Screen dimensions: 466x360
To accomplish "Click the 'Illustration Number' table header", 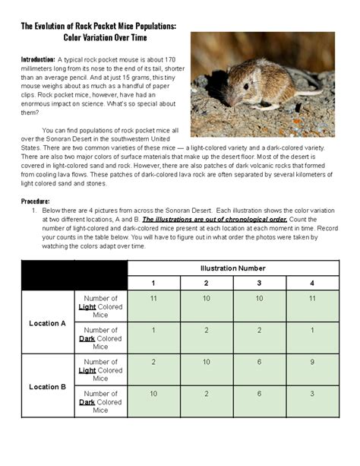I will pyautogui.click(x=233, y=268).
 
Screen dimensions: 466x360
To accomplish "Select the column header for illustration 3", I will pyautogui.click(x=259, y=283).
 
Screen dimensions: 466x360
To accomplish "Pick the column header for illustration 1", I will pyautogui.click(x=153, y=283).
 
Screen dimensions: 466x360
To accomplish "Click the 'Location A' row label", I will pyautogui.click(x=48, y=323).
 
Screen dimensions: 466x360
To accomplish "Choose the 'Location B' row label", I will pyautogui.click(x=48, y=387).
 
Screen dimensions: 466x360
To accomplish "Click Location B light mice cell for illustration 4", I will pyautogui.click(x=312, y=362).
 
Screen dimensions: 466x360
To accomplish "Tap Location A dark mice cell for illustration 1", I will pyautogui.click(x=153, y=330).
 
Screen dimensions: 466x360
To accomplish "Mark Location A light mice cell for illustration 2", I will pyautogui.click(x=207, y=299).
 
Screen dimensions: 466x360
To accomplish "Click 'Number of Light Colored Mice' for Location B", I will pyautogui.click(x=101, y=370).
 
